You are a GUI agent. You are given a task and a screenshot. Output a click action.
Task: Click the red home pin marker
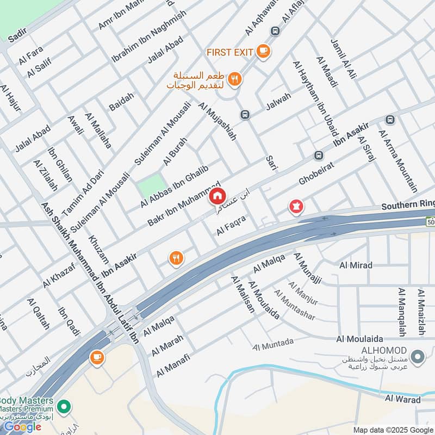coord(217,196)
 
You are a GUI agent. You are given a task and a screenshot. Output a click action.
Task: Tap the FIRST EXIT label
coord(229,52)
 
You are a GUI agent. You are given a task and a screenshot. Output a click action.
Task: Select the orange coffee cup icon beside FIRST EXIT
coord(263,51)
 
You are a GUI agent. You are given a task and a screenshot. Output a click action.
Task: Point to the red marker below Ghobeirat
coord(296,207)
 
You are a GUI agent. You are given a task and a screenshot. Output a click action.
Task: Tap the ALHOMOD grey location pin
coord(418,357)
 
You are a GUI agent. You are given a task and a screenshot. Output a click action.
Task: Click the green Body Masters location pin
coord(64,406)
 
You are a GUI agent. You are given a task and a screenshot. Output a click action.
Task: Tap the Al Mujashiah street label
coord(217,122)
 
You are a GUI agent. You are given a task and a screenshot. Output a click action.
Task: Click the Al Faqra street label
coord(231,226)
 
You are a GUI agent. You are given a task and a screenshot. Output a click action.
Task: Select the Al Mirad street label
coord(356,265)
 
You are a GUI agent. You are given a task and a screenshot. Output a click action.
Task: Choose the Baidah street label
coord(121,102)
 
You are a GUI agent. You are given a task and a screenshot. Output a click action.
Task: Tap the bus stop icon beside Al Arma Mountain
coord(389,120)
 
